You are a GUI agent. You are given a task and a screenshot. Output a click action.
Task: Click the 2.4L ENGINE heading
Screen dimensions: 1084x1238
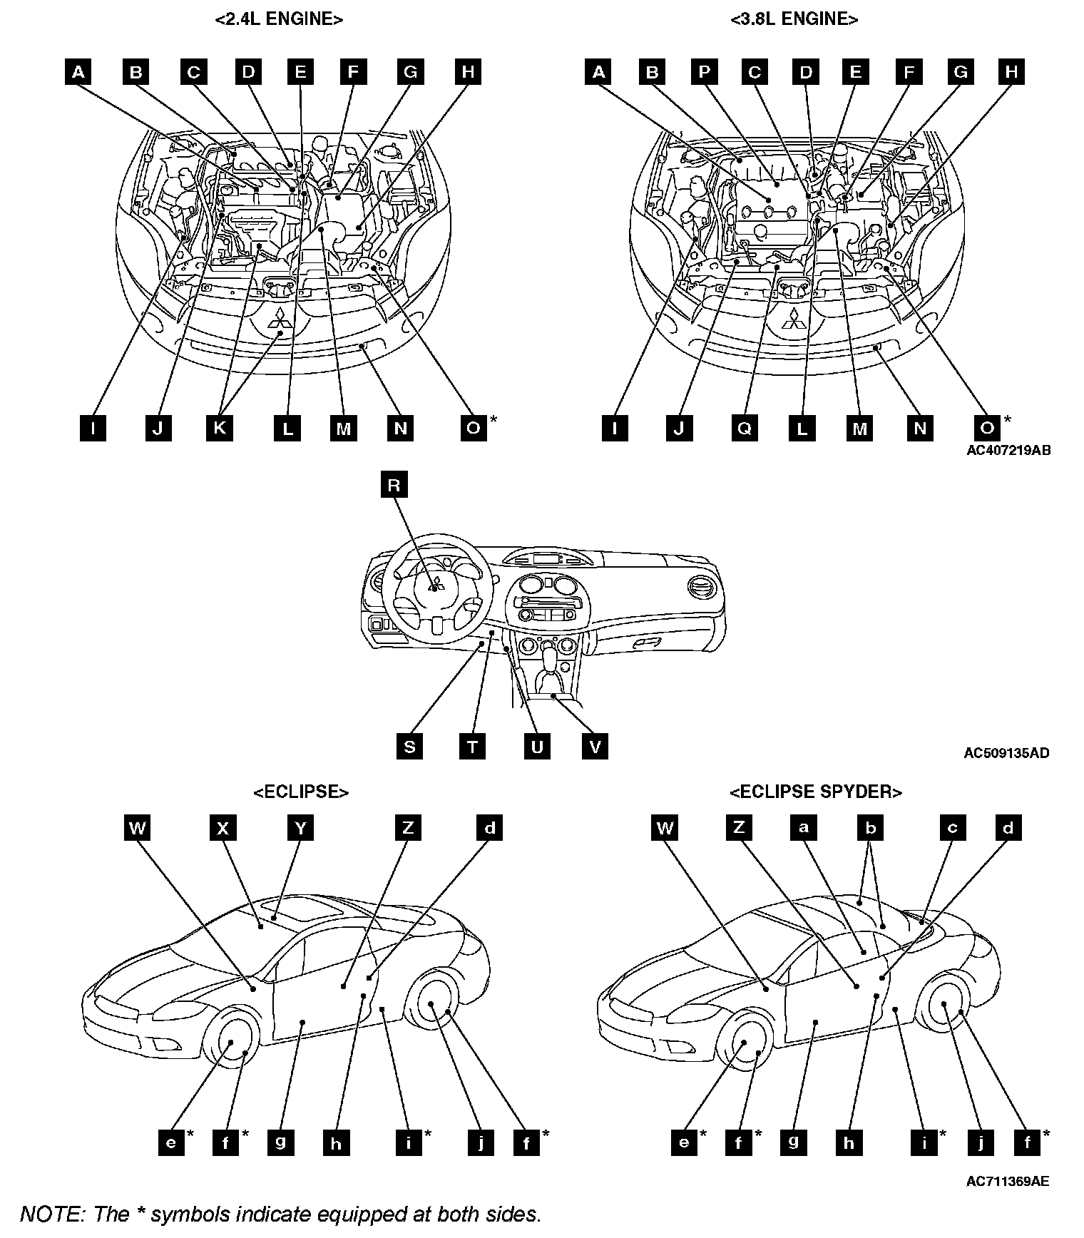279,19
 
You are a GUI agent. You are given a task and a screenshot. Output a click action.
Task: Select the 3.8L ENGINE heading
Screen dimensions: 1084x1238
794,19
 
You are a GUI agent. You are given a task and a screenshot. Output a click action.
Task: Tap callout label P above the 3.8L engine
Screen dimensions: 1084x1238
704,72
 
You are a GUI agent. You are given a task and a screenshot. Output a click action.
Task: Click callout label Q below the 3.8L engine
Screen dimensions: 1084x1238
744,428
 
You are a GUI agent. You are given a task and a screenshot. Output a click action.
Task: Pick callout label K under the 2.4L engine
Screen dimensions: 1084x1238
220,428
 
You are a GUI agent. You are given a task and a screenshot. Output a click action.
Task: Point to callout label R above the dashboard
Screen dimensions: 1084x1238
394,486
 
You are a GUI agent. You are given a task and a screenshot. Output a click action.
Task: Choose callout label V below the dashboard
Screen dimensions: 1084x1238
595,747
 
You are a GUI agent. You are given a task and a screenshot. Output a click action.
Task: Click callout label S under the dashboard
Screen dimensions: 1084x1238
409,747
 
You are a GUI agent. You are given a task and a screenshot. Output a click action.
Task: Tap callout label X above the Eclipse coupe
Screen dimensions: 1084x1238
223,828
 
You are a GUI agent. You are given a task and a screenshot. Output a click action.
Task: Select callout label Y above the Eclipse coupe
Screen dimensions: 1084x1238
300,828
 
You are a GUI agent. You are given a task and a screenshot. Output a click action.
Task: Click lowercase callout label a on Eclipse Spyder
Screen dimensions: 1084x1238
804,828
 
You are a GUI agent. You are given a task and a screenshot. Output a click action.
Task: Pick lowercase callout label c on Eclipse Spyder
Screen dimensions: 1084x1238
952,828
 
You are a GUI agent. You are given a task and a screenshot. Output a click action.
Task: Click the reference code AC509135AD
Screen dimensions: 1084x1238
1006,753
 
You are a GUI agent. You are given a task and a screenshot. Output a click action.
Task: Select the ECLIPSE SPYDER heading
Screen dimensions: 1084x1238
816,792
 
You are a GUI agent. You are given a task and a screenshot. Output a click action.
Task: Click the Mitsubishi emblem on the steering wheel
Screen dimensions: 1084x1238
436,586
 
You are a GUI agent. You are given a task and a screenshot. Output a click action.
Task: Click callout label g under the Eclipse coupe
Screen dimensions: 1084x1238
280,1143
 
